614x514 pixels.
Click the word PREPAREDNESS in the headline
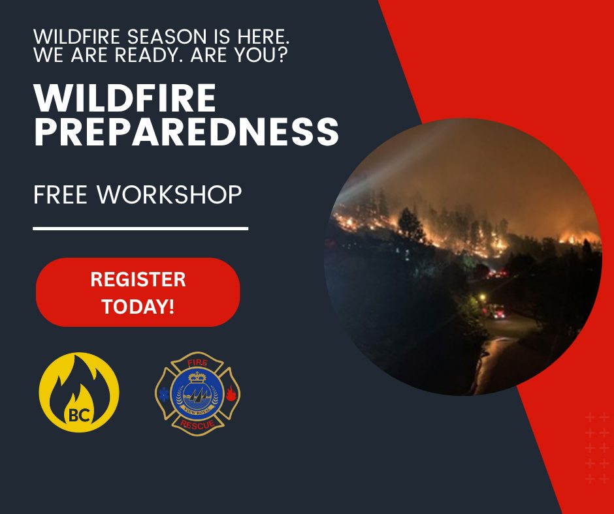186,131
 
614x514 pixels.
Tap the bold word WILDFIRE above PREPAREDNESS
125,98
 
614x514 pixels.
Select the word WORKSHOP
169,194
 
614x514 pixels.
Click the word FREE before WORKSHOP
60,194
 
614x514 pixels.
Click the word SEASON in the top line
167,37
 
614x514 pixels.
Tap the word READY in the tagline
150,55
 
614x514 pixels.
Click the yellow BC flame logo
78,392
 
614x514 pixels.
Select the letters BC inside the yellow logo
78,415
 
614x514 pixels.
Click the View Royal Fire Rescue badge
198,394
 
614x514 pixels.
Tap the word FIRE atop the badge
197,363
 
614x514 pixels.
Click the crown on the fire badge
197,377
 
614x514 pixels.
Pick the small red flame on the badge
231,393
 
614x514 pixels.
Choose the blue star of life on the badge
164,394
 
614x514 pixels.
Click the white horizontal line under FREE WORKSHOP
140,228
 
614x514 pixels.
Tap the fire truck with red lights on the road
494,311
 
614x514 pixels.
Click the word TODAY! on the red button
138,307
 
